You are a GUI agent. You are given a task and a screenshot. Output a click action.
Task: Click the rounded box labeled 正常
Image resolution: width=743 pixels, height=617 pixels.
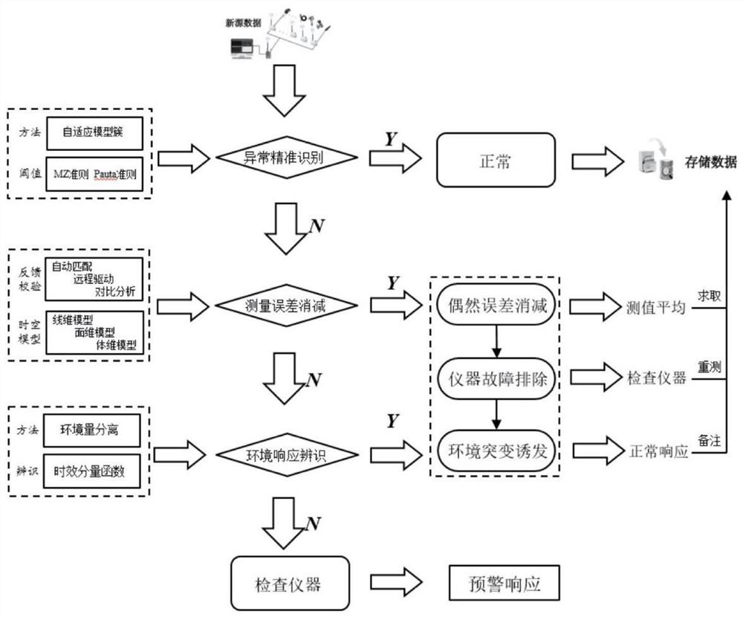pyautogui.click(x=495, y=159)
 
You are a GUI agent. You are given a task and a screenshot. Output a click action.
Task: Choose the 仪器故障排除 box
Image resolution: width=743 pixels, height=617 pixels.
pyautogui.click(x=495, y=378)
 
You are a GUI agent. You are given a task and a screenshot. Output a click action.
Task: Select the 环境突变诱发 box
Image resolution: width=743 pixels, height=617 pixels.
pyautogui.click(x=495, y=450)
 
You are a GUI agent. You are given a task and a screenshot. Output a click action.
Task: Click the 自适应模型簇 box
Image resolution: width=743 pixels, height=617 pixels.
pyautogui.click(x=94, y=132)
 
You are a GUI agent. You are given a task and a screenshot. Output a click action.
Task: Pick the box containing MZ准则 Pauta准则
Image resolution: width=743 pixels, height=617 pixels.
pyautogui.click(x=94, y=174)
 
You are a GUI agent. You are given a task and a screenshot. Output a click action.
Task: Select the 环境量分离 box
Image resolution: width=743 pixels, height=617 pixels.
pyautogui.click(x=94, y=429)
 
